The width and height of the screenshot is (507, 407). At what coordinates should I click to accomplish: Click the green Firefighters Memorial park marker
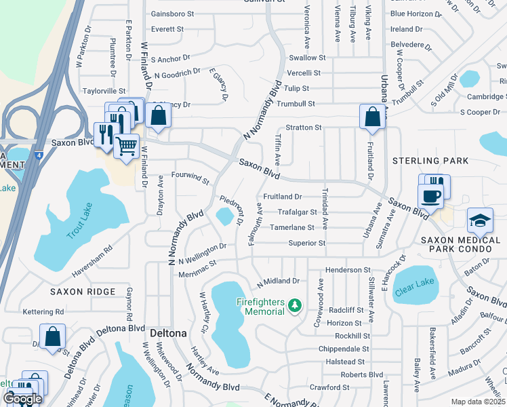tap(294, 306)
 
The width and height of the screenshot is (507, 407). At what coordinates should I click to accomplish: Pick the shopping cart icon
tap(126, 146)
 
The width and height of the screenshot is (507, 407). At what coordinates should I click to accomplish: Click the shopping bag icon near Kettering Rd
tap(52, 336)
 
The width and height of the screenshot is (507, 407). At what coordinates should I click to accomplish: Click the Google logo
tap(22, 399)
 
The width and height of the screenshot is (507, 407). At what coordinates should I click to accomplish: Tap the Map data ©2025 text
tap(479, 402)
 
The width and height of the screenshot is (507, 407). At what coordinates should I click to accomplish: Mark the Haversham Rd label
tap(92, 261)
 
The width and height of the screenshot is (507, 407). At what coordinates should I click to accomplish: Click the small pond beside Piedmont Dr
tap(224, 217)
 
